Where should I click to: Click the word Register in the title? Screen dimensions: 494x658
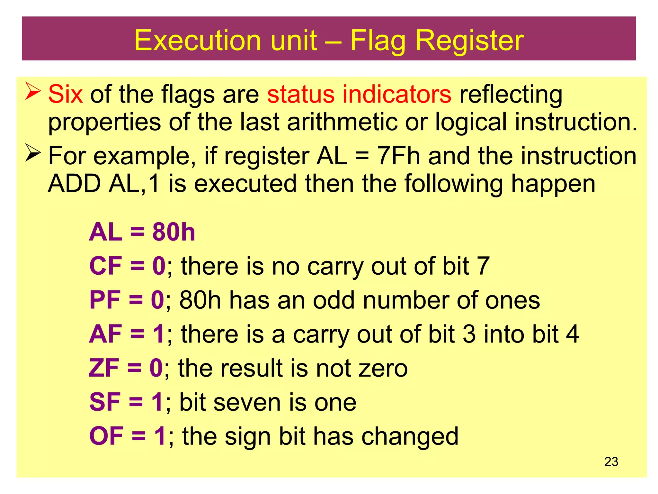(x=469, y=41)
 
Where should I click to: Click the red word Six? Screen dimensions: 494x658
(x=66, y=94)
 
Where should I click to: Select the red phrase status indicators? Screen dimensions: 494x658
(x=359, y=94)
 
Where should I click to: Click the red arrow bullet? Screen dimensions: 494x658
(x=33, y=91)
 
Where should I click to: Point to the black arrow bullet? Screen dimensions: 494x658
(x=33, y=153)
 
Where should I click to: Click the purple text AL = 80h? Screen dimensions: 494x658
(x=142, y=232)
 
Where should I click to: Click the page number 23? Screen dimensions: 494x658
(x=611, y=462)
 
